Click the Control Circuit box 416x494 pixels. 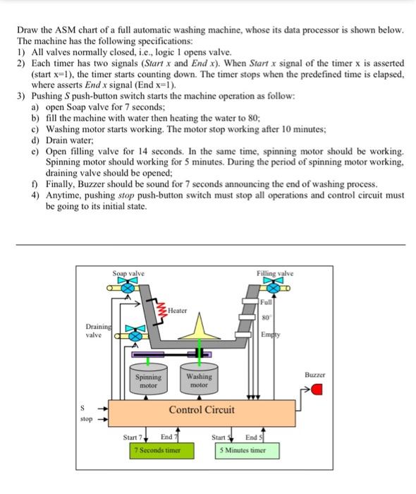pos(201,411)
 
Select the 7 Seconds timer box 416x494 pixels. pos(157,450)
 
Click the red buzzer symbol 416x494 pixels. pos(317,390)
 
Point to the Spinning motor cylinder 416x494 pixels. pos(148,382)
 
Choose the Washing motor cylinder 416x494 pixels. pos(200,382)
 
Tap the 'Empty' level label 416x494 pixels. pos(269,335)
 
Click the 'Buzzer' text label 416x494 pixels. pos(316,375)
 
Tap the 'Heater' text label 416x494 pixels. pos(178,311)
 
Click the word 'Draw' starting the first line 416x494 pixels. pos(27,32)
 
